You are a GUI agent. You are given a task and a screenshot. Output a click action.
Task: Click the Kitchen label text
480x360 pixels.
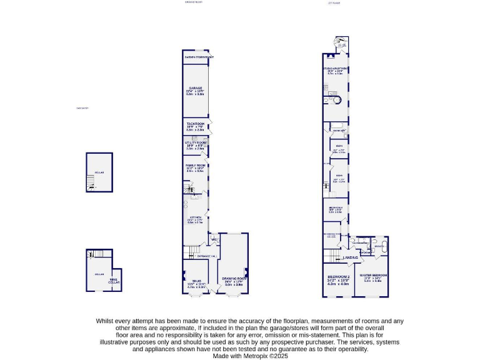click(195, 219)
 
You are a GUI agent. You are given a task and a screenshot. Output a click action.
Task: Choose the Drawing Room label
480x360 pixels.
click(233, 281)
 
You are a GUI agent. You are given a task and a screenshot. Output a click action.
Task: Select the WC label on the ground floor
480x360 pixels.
click(214, 239)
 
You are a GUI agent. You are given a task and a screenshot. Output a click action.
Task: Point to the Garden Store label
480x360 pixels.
click(199, 57)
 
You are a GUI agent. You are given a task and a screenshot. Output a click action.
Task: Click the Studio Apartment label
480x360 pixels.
click(335, 70)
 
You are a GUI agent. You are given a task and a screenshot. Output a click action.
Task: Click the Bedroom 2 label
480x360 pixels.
click(338, 277)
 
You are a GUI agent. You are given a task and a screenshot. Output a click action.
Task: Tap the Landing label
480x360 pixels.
click(351, 257)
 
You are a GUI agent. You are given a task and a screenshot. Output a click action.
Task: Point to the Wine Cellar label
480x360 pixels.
click(114, 281)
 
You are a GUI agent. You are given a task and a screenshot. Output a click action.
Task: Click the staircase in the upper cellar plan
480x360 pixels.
click(91, 181)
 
